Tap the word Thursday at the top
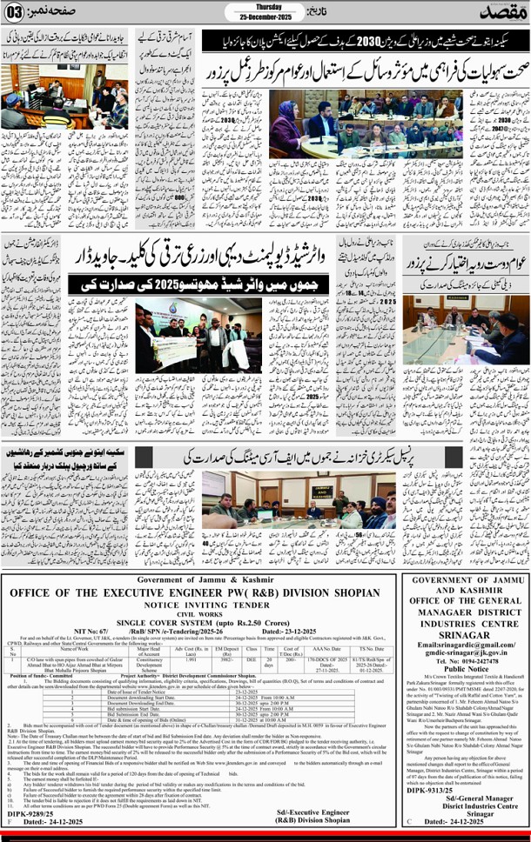pyautogui.click(x=251, y=7)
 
